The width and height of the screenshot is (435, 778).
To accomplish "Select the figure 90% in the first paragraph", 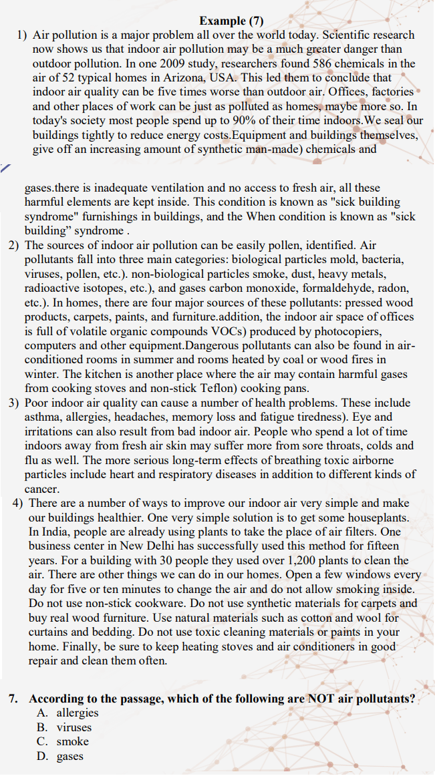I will click(x=231, y=120).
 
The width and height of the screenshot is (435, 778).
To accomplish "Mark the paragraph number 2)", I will click(x=14, y=245).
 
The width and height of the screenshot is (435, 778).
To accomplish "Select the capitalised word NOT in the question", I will click(x=320, y=699).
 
